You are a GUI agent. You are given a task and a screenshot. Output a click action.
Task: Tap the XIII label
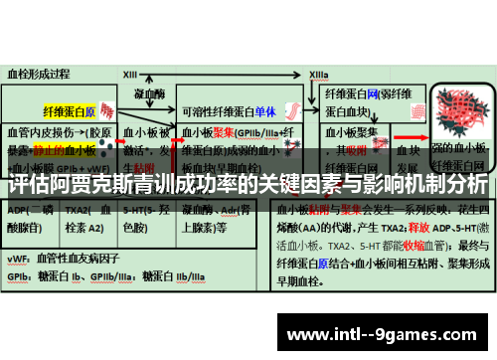tap(130, 74)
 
